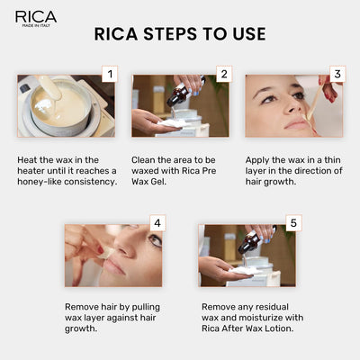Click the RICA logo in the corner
coord(36,18)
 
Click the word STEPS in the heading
coord(170,34)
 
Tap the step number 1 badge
coord(108,75)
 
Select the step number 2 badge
coord(223,75)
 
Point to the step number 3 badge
coord(337,75)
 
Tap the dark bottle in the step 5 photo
coord(253,240)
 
